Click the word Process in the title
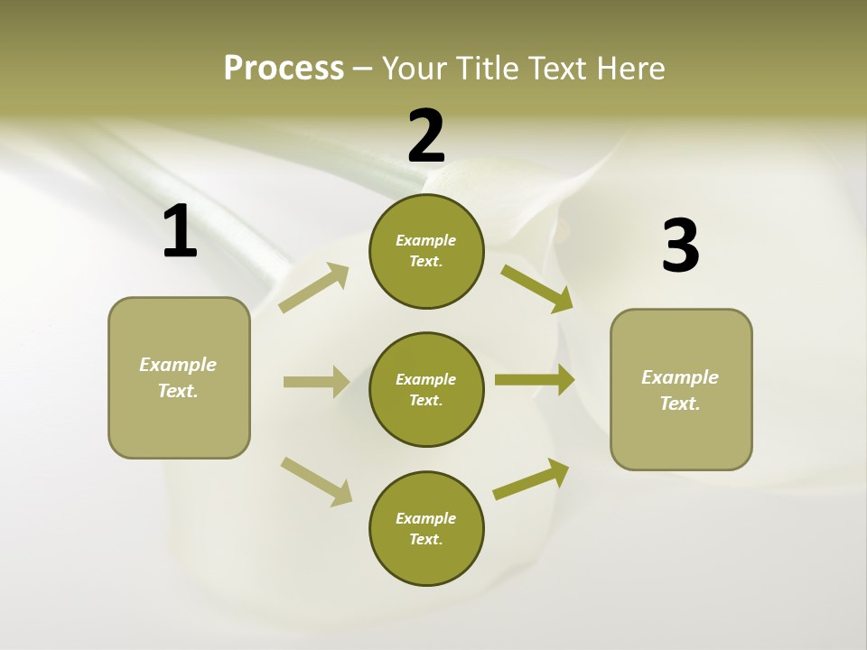click(x=284, y=69)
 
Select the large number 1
click(x=180, y=232)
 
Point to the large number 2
click(x=426, y=135)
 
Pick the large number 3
click(x=681, y=246)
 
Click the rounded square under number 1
click(x=179, y=377)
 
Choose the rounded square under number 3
click(x=681, y=390)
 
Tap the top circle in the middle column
click(x=426, y=251)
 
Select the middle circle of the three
click(x=426, y=390)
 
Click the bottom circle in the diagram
click(x=426, y=529)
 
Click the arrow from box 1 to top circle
click(x=314, y=287)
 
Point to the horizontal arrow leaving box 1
click(x=316, y=382)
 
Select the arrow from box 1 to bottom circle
click(x=316, y=481)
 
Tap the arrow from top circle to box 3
click(x=536, y=288)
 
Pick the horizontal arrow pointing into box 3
click(x=535, y=380)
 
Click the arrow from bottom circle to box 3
click(x=531, y=479)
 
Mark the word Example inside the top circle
click(x=426, y=241)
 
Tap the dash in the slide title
click(x=363, y=69)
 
